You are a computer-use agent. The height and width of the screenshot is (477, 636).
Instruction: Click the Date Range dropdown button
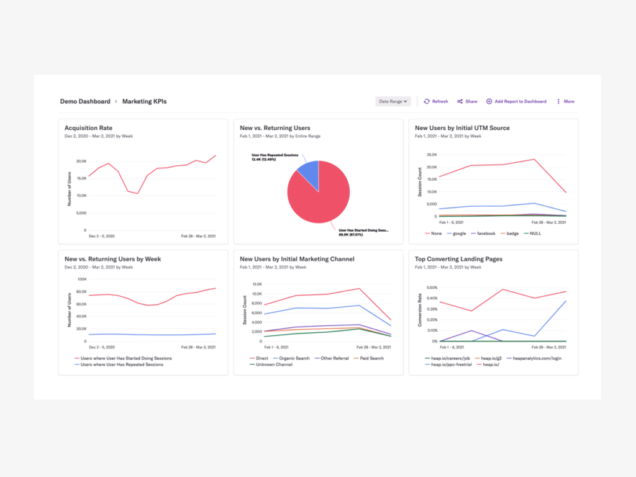(x=393, y=101)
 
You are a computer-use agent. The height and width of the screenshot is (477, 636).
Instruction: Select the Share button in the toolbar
(x=467, y=101)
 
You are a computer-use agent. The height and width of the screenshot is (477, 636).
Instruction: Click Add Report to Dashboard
(x=516, y=101)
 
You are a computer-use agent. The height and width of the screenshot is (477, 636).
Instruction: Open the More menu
(x=565, y=101)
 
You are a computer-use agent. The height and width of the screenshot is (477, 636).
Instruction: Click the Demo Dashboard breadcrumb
(x=85, y=101)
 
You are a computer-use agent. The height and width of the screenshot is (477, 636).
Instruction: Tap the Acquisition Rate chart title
(x=88, y=128)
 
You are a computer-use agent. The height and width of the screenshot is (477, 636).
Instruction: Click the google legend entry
(x=458, y=234)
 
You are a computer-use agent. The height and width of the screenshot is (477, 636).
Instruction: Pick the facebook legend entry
(x=485, y=234)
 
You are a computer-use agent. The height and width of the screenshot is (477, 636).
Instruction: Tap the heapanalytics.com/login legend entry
(x=535, y=358)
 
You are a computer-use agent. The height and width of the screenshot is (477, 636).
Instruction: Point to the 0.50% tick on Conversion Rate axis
(x=431, y=288)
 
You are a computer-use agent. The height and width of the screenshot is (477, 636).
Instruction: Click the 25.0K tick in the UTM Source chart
(x=430, y=155)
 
